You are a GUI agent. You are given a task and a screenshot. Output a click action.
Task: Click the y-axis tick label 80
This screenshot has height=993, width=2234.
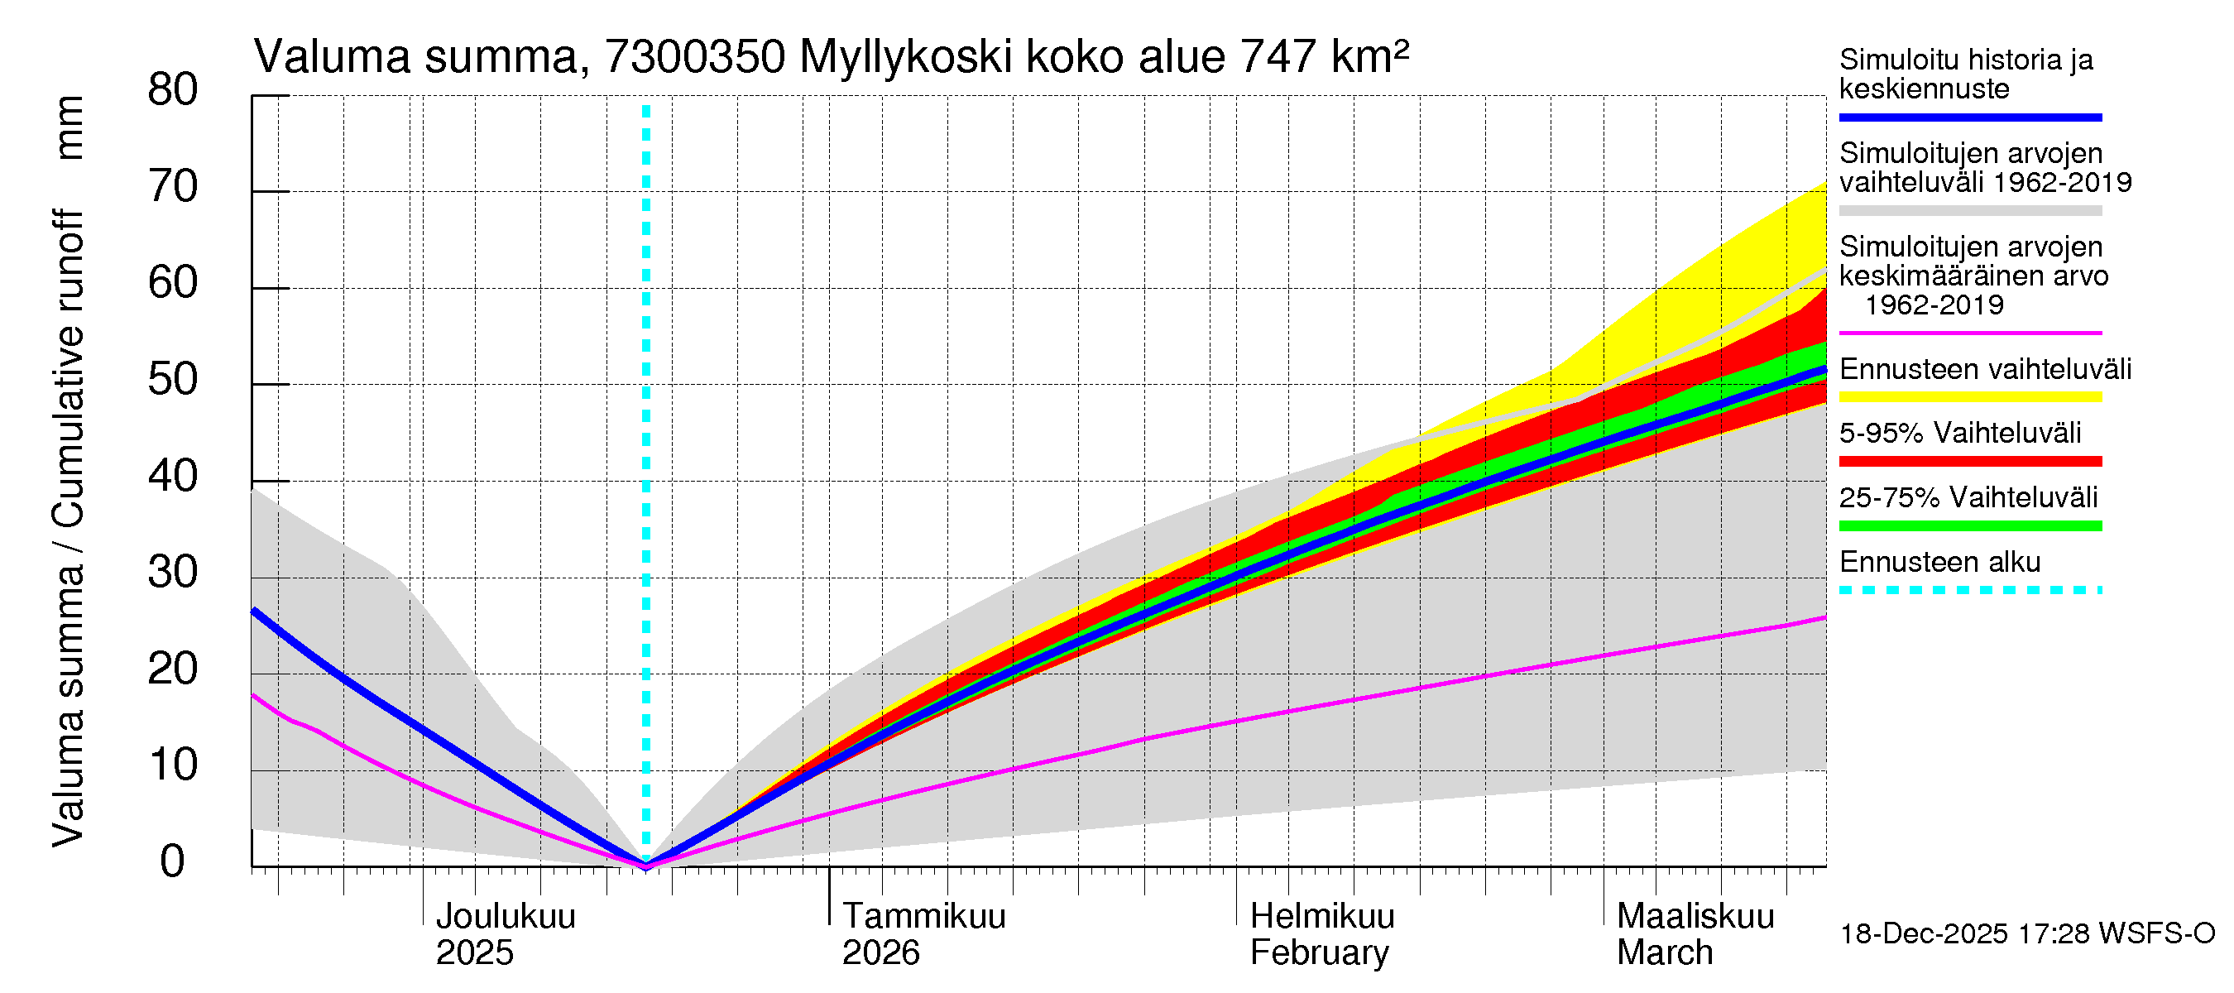click(172, 89)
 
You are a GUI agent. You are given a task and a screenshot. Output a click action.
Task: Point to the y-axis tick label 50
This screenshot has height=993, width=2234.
click(172, 379)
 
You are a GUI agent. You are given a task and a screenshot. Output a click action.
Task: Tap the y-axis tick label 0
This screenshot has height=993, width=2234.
click(172, 861)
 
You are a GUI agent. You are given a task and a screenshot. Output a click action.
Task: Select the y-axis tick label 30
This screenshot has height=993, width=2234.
click(172, 573)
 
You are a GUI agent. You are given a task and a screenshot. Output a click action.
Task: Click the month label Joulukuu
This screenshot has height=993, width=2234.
click(506, 916)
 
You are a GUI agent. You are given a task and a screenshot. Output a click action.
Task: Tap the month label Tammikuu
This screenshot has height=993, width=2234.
click(923, 916)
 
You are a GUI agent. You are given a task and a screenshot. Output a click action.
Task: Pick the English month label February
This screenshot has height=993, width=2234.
click(1319, 953)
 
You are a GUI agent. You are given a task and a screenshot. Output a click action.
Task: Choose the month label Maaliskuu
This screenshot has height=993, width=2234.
click(1695, 916)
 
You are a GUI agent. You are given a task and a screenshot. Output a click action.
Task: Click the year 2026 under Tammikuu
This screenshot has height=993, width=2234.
click(880, 953)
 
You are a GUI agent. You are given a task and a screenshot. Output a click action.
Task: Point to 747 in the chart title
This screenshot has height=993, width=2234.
click(1278, 57)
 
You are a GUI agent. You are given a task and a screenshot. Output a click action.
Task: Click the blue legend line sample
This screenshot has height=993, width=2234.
click(1969, 117)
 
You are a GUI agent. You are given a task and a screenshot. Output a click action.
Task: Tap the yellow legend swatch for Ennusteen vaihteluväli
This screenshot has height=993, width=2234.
click(1969, 397)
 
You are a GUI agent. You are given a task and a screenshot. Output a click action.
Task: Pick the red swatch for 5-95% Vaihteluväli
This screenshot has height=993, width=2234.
click(1969, 462)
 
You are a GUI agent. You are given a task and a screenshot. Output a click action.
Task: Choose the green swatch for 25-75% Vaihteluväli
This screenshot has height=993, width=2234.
click(1969, 525)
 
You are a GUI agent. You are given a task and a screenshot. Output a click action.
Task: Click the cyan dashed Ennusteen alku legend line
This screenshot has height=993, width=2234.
click(1969, 590)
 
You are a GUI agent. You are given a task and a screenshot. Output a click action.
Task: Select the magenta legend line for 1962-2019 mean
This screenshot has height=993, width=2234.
click(1969, 333)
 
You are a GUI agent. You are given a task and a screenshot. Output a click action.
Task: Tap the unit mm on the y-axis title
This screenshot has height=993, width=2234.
click(70, 127)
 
